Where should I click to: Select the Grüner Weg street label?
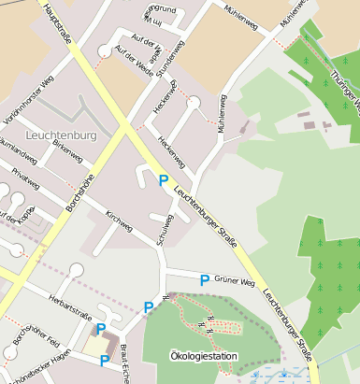tap(235, 281)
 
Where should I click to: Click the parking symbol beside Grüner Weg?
tap(205, 279)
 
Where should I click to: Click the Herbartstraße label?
tap(69, 307)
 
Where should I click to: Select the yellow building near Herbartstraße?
tap(96, 344)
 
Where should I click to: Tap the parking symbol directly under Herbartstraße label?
tap(101, 328)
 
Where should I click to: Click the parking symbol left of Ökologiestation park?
tap(148, 307)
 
